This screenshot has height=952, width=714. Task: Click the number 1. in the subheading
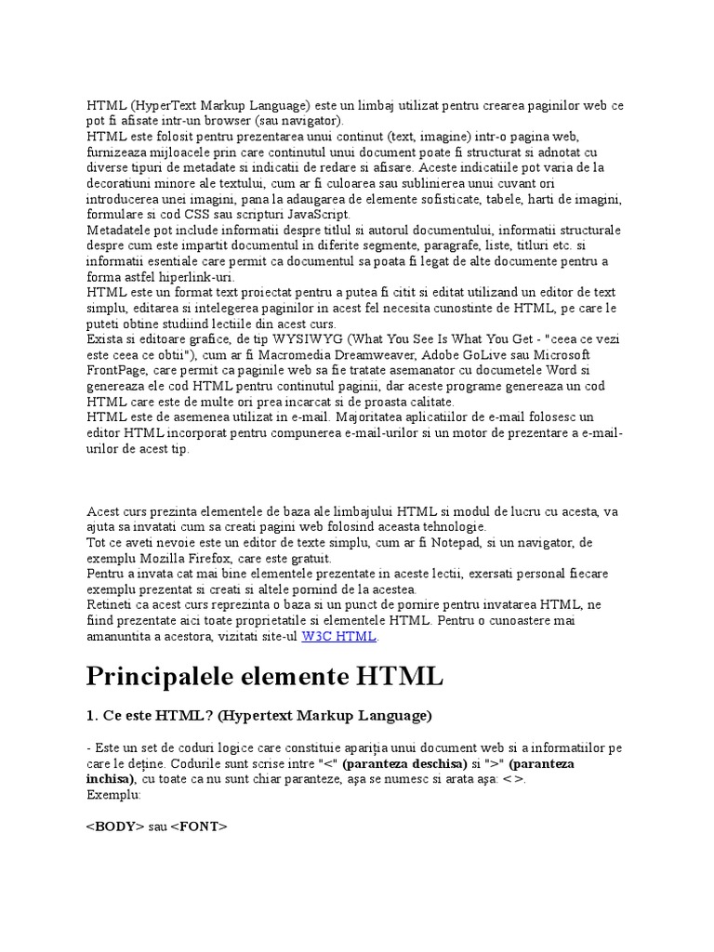pyautogui.click(x=92, y=716)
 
